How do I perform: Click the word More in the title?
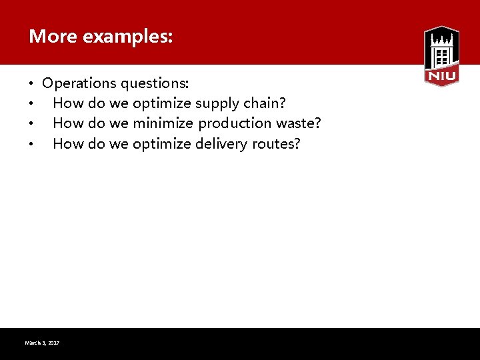tap(53, 37)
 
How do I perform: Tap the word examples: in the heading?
tap(127, 37)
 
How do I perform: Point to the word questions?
tap(155, 83)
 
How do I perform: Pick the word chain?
tap(265, 103)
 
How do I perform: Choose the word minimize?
tap(163, 123)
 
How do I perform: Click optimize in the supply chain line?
tap(162, 103)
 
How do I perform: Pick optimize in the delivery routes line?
tap(162, 143)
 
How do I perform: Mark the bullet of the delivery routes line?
tap(31, 144)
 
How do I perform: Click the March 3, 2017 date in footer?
tap(42, 343)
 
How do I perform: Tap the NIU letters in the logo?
tap(441, 77)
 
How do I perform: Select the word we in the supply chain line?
tap(117, 103)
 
